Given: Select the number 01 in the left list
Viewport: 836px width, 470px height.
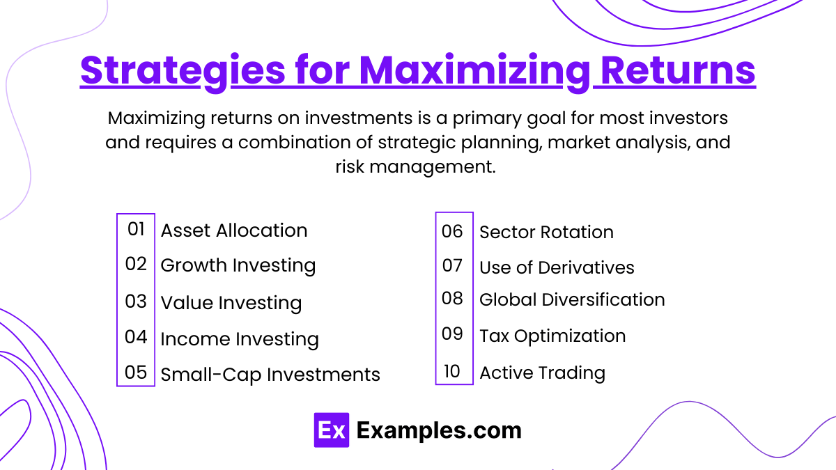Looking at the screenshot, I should click(x=136, y=228).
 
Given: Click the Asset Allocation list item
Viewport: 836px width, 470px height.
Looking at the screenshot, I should click(x=233, y=230).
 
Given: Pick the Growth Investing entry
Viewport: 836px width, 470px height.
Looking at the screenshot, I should click(x=238, y=265).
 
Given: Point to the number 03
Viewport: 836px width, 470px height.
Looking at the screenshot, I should click(x=136, y=301).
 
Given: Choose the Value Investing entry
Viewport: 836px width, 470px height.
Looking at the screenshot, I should click(x=231, y=303).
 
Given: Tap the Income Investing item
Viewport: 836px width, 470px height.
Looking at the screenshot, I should click(x=239, y=339).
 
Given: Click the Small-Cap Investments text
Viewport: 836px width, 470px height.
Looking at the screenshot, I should click(x=270, y=375).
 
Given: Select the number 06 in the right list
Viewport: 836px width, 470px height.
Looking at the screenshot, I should click(x=452, y=231).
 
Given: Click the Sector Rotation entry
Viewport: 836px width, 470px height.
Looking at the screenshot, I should click(x=546, y=233).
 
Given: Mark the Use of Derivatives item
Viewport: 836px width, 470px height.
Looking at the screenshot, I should click(x=557, y=268).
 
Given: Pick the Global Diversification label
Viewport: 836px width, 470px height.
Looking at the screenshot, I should click(x=572, y=300).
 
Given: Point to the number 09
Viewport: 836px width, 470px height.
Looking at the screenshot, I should click(x=452, y=334).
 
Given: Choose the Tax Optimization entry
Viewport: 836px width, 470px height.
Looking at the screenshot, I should click(x=552, y=336).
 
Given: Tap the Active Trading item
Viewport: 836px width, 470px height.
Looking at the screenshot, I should click(x=542, y=373).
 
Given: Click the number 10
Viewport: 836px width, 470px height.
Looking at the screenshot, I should click(x=452, y=372).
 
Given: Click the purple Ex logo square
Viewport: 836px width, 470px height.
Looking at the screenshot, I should click(x=331, y=430).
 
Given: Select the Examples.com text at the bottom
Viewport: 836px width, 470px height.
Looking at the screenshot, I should click(x=439, y=430).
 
